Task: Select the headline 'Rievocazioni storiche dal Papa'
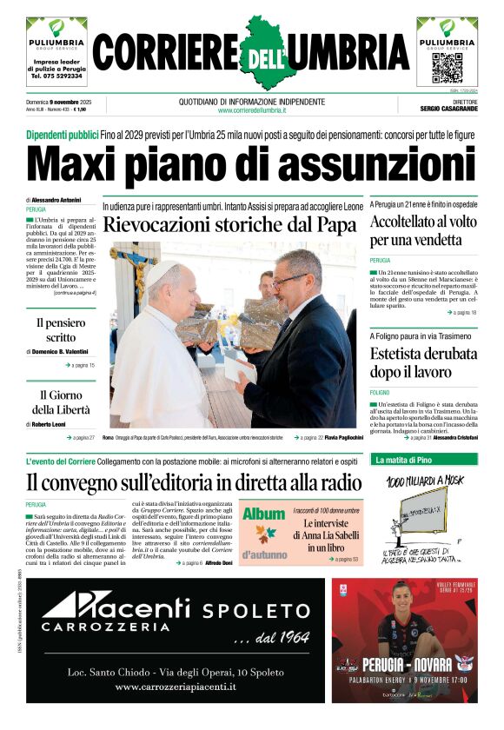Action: click(229, 225)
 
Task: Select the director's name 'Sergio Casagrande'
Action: click(450, 110)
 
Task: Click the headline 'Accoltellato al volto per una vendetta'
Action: click(422, 230)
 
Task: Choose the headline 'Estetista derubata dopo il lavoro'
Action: click(422, 363)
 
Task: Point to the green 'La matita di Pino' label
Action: click(403, 460)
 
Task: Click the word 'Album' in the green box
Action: click(264, 514)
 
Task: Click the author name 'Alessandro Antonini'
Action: click(59, 200)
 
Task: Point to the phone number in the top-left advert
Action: click(56, 76)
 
